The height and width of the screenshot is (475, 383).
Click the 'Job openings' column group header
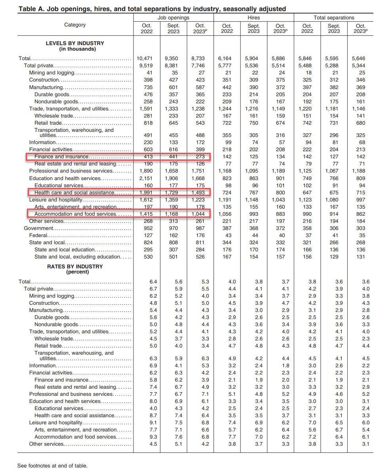click(x=173, y=17)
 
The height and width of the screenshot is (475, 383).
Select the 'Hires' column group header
click(x=253, y=17)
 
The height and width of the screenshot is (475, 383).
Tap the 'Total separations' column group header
click(x=334, y=17)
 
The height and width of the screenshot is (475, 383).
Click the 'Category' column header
click(x=75, y=25)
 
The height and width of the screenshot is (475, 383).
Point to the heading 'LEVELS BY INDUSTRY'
click(x=75, y=43)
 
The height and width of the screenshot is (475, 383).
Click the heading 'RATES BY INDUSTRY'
click(x=75, y=266)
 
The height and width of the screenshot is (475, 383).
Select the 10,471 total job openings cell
click(x=147, y=59)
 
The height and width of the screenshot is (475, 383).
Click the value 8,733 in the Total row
click(x=200, y=59)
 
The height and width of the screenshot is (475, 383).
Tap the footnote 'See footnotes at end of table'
click(x=52, y=465)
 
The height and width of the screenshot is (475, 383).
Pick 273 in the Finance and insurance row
click(x=200, y=157)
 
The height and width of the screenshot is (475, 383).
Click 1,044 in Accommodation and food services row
click(x=200, y=214)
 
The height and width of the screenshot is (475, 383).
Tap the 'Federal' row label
click(x=38, y=235)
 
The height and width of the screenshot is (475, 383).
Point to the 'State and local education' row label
click(x=65, y=249)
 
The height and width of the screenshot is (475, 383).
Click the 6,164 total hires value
click(x=227, y=59)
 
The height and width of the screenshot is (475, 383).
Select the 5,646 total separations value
click(x=360, y=59)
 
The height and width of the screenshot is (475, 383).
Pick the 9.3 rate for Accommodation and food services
click(x=153, y=437)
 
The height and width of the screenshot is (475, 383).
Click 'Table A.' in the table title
click(x=31, y=9)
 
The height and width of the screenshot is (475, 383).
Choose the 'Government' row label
click(x=38, y=228)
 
